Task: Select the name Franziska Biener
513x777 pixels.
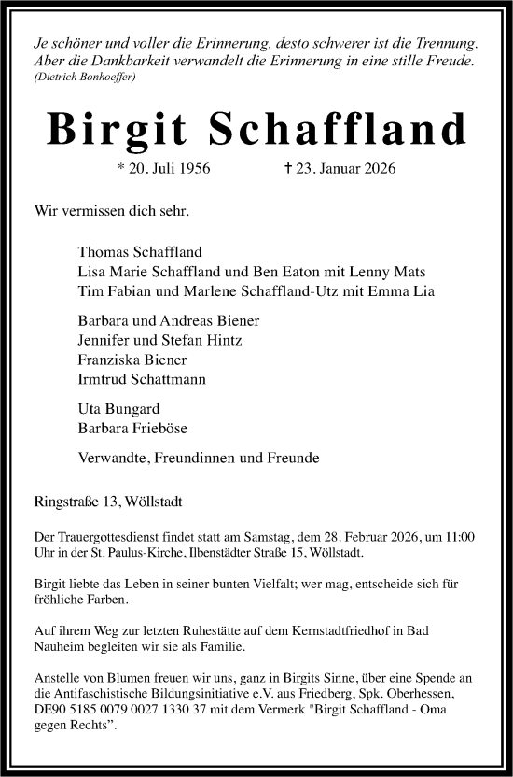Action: point(132,360)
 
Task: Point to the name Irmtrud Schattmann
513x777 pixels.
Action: point(143,379)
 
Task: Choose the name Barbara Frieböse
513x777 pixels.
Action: point(132,430)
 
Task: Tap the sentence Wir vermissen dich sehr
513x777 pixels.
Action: point(111,211)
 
